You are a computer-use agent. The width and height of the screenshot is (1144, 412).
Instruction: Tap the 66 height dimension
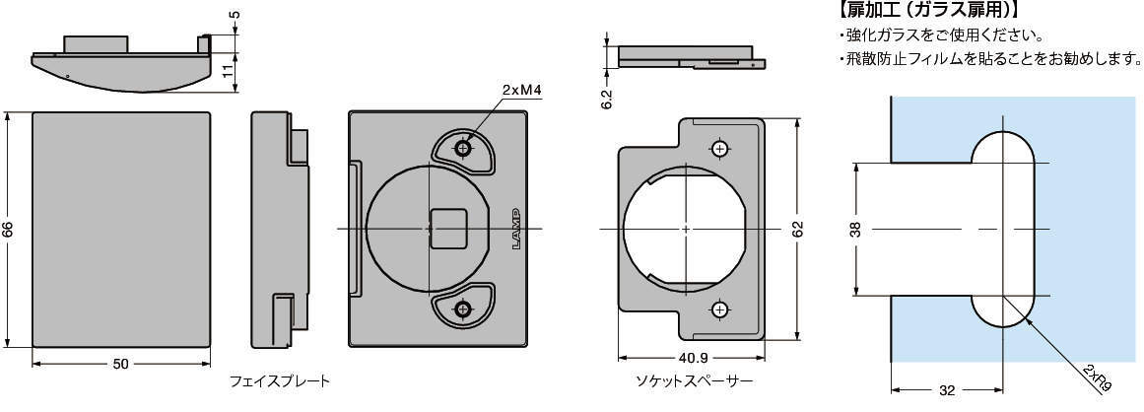pyautogui.click(x=8, y=230)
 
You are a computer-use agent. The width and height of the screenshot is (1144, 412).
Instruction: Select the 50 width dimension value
pyautogui.click(x=120, y=364)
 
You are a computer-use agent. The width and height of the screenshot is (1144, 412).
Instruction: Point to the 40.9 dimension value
pyautogui.click(x=692, y=359)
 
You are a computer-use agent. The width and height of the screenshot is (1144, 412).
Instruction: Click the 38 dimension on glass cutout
pyautogui.click(x=856, y=229)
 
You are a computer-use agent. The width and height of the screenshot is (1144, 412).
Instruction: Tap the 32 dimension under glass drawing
pyautogui.click(x=947, y=391)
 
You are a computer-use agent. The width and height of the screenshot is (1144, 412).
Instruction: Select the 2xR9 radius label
pyautogui.click(x=1098, y=378)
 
